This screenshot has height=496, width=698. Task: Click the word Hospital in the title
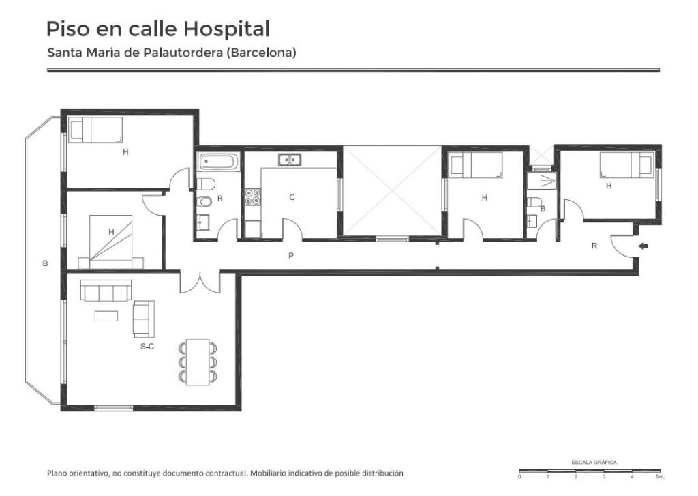click(x=226, y=29)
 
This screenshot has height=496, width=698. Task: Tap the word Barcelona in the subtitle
click(x=261, y=53)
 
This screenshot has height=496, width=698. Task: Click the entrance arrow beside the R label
click(x=643, y=246)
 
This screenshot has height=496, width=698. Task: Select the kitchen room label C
click(x=292, y=197)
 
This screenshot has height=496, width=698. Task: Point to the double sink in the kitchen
click(x=290, y=160)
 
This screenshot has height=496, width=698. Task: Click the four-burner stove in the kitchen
click(x=252, y=197)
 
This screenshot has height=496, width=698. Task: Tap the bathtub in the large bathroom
click(x=220, y=161)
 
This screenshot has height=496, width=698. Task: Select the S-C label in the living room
click(x=147, y=347)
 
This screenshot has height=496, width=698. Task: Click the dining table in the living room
click(x=198, y=362)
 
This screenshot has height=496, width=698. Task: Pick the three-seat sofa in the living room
click(x=106, y=290)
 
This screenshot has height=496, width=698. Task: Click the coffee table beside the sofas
click(x=106, y=316)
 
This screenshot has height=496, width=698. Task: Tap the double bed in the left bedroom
click(x=111, y=242)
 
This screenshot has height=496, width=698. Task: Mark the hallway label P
click(x=290, y=256)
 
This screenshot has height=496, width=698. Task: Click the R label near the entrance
click(x=594, y=246)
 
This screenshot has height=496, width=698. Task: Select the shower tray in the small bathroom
click(x=542, y=181)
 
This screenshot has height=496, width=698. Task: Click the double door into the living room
click(x=200, y=282)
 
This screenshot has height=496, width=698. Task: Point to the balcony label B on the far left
click(x=45, y=263)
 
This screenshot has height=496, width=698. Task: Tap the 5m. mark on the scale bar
click(x=660, y=477)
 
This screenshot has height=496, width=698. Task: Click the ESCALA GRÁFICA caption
click(x=594, y=462)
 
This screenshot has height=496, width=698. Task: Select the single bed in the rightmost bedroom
click(x=627, y=165)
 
